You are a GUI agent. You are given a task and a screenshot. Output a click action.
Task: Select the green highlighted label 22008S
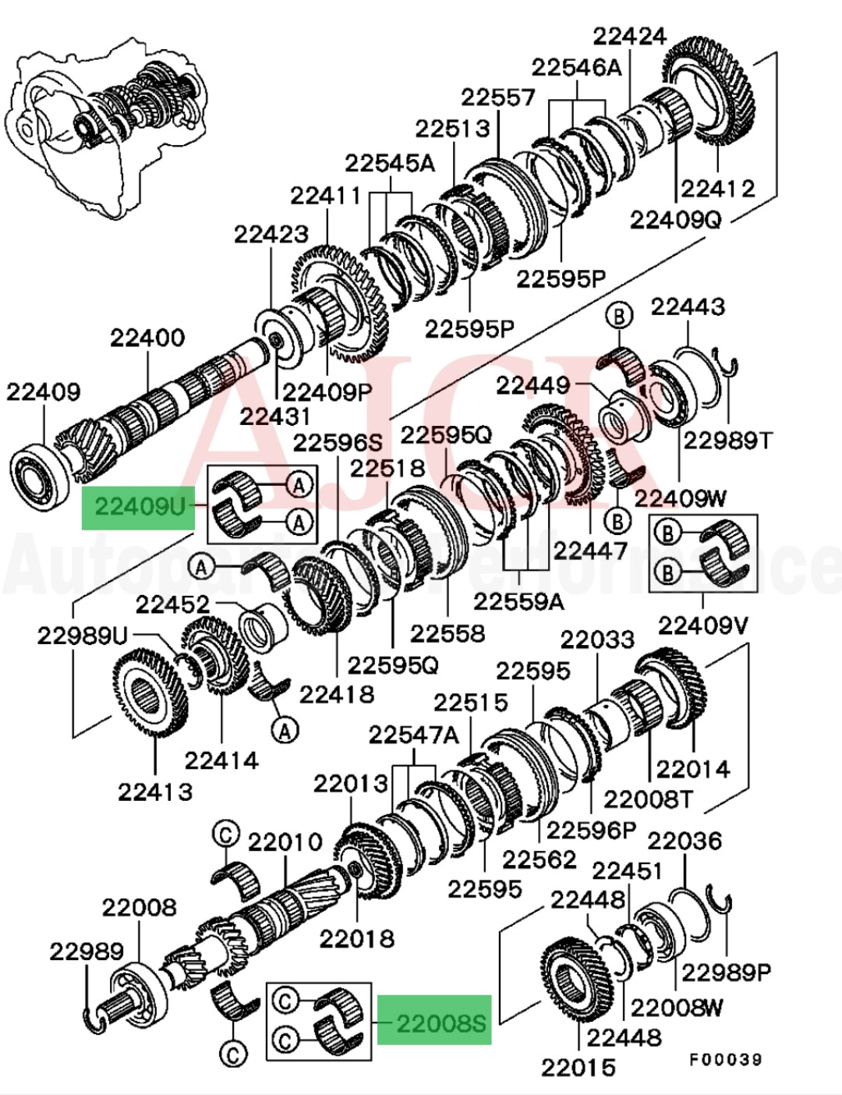click(x=434, y=1021)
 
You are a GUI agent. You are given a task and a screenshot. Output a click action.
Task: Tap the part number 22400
click(x=147, y=338)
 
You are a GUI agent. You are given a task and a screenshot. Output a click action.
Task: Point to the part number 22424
click(x=630, y=37)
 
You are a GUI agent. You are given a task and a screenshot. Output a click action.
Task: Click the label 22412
click(x=718, y=189)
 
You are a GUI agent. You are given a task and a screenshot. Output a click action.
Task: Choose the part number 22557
click(x=498, y=97)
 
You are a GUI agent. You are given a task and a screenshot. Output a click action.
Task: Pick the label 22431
click(x=275, y=416)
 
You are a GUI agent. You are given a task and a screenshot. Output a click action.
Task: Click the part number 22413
click(x=155, y=792)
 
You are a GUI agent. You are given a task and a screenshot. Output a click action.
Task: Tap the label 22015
click(x=578, y=1067)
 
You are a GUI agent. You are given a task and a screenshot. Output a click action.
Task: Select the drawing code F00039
click(x=724, y=1059)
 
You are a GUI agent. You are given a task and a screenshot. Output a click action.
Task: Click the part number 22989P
click(x=727, y=972)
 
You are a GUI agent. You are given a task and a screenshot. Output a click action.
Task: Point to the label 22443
click(x=688, y=307)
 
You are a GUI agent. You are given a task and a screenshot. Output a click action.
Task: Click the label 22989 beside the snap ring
click(x=87, y=951)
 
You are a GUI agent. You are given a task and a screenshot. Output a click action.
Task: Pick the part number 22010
click(x=285, y=842)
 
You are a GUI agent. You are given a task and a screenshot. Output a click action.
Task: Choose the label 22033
click(x=597, y=640)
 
